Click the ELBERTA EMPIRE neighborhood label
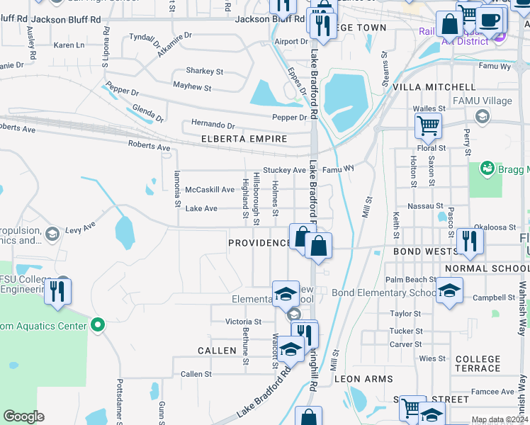point(244,139)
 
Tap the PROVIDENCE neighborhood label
point(259,243)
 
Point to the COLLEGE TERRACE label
point(478,364)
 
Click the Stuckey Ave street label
point(284,170)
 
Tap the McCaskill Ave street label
point(209,190)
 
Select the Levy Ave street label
point(80,229)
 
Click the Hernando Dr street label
point(210,125)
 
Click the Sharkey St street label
point(204,72)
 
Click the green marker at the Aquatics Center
point(98,326)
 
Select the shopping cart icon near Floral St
point(428,127)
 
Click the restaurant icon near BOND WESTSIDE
point(470,241)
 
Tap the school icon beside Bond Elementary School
point(449,291)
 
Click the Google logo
point(24,416)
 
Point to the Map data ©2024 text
point(500,420)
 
